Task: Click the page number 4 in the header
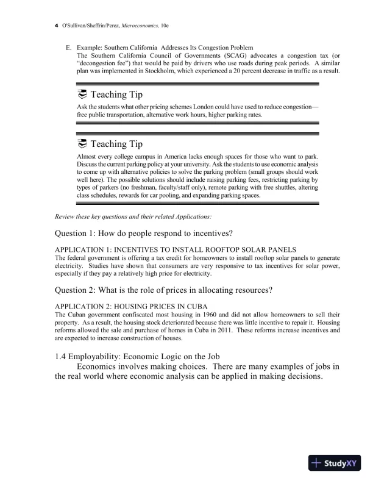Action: pos(56,25)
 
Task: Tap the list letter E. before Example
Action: pos(69,48)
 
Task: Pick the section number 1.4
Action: pos(63,356)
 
